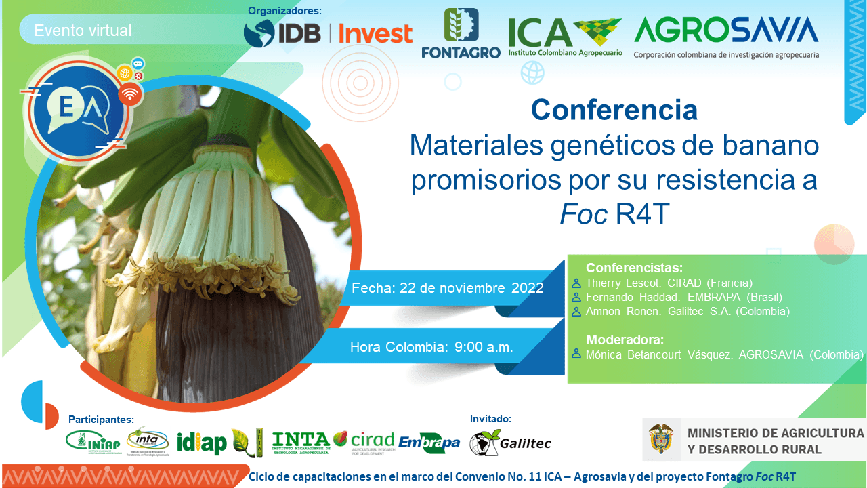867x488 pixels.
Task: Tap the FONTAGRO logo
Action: pyautogui.click(x=461, y=34)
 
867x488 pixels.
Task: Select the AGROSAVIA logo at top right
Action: pyautogui.click(x=725, y=37)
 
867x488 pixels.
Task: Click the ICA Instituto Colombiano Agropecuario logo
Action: pyautogui.click(x=565, y=37)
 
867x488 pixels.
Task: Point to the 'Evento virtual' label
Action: pyautogui.click(x=83, y=30)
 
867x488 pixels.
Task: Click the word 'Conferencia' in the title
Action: pyautogui.click(x=614, y=110)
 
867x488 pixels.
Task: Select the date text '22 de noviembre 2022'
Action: pyautogui.click(x=471, y=288)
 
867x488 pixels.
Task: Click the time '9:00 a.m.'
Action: pyautogui.click(x=484, y=347)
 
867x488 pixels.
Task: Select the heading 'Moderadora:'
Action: pyautogui.click(x=625, y=340)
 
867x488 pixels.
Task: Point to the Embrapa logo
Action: pyautogui.click(x=429, y=443)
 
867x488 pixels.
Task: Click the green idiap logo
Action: pyautogui.click(x=201, y=443)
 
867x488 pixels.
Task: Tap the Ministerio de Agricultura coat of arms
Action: pyautogui.click(x=661, y=439)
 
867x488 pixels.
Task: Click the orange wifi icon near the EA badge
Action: pyautogui.click(x=130, y=94)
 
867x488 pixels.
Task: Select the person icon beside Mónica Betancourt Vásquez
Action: pyautogui.click(x=576, y=354)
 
